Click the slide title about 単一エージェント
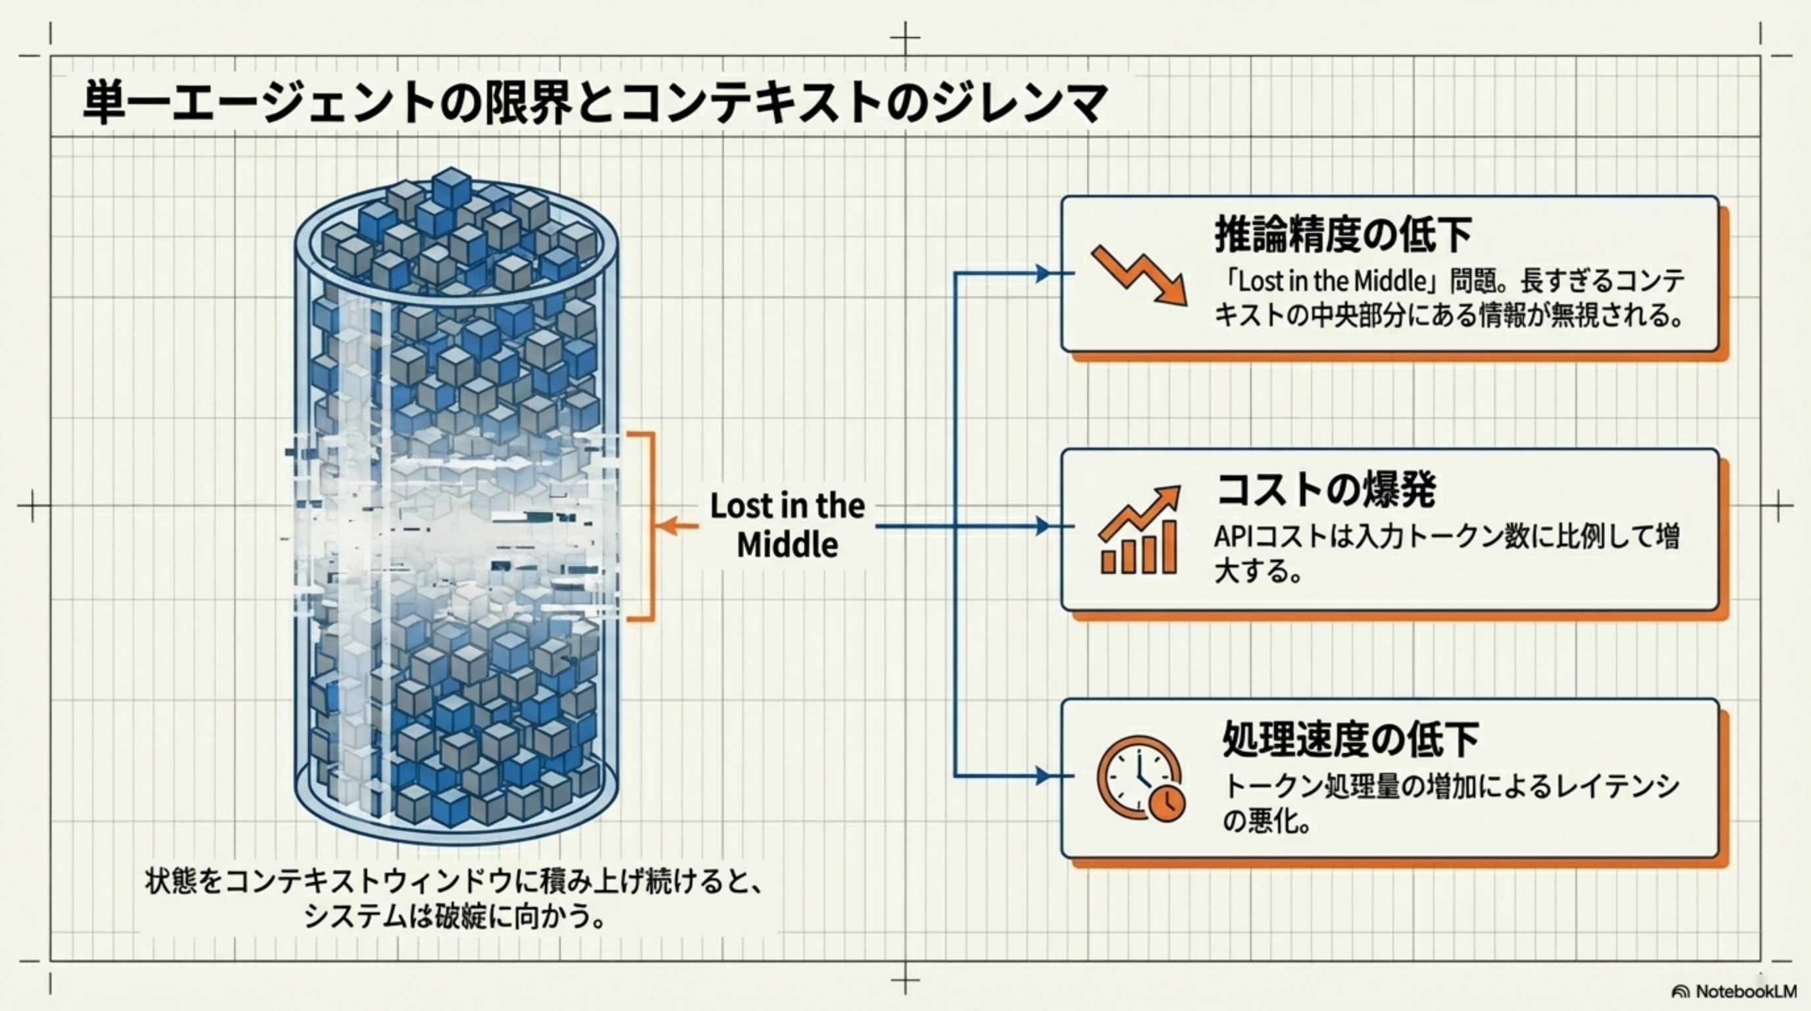[594, 103]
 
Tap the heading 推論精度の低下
[1342, 235]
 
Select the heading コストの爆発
[1326, 489]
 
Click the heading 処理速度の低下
[1350, 739]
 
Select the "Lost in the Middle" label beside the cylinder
[788, 525]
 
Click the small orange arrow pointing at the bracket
[678, 525]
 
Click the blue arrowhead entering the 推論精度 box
[1043, 274]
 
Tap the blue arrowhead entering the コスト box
[1043, 526]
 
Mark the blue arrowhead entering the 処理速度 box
[1043, 776]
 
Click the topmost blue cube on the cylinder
[451, 186]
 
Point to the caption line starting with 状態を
[453, 881]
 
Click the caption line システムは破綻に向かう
[453, 917]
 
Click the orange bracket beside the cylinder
[651, 526]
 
